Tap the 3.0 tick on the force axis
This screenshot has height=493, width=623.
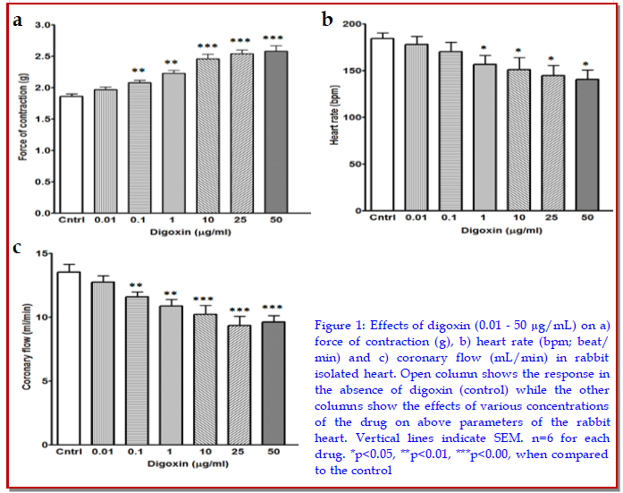pos(42,25)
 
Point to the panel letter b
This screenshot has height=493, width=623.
pos(328,18)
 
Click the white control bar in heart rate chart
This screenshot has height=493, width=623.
pos(358,125)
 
